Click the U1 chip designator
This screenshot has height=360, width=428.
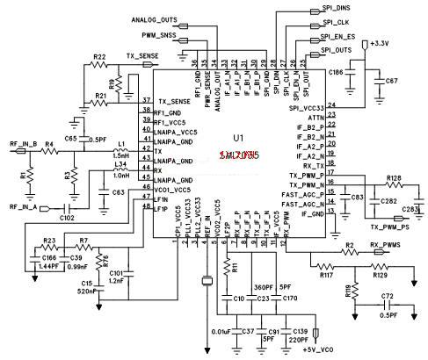[237, 138]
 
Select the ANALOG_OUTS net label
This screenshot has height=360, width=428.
[154, 18]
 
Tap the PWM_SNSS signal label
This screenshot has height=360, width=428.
[159, 37]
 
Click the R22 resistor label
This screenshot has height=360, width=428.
[100, 56]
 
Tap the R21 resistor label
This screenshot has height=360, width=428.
[99, 96]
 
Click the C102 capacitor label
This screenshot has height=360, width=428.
[67, 217]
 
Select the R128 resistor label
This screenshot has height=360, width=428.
[394, 178]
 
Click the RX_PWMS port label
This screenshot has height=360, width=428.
[386, 245]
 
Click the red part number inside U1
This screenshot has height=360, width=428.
[238, 155]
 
